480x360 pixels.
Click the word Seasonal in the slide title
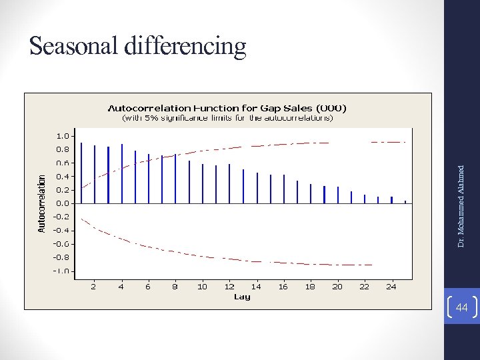(x=74, y=46)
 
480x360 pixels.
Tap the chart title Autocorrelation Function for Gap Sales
(x=227, y=107)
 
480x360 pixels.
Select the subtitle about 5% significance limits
(x=227, y=118)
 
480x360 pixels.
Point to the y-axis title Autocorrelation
(x=42, y=203)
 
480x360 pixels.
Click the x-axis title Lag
(x=242, y=297)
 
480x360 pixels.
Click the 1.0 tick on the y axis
(x=61, y=136)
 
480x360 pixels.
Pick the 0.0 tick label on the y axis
(x=61, y=203)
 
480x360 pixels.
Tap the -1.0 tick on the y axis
(x=60, y=271)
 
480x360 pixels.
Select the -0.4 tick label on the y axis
(x=60, y=230)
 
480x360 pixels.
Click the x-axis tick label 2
(x=94, y=286)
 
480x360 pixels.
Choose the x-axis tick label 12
(x=229, y=286)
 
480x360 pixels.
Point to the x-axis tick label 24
(x=391, y=286)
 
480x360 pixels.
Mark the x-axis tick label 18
(x=310, y=286)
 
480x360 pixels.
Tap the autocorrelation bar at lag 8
(x=175, y=179)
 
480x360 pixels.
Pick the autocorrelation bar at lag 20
(x=337, y=195)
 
